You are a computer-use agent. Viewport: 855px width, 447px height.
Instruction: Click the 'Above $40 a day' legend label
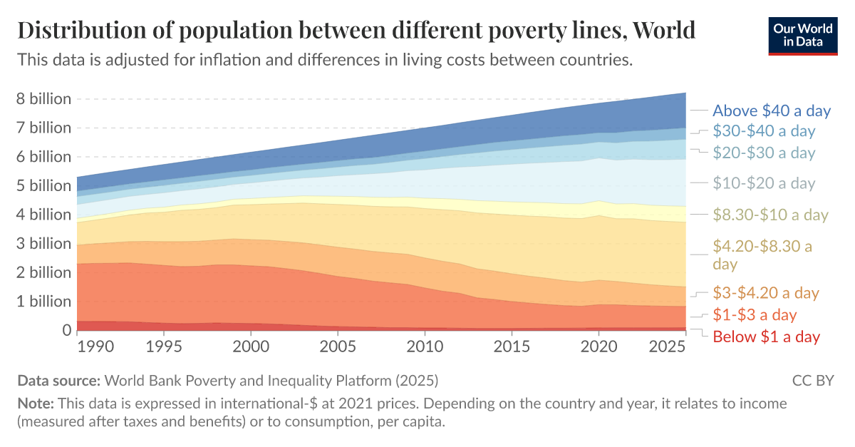(772, 111)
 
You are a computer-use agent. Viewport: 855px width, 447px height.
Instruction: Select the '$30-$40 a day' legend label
(764, 131)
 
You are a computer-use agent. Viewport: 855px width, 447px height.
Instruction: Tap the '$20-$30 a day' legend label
(764, 153)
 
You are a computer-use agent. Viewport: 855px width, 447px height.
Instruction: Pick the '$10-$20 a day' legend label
(764, 183)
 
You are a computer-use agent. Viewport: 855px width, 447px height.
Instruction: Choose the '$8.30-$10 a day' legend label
(770, 215)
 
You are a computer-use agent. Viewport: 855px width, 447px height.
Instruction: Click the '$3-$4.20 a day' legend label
(766, 292)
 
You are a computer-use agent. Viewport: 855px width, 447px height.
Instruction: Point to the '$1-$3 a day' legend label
(755, 314)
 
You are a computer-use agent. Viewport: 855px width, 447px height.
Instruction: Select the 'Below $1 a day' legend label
(766, 336)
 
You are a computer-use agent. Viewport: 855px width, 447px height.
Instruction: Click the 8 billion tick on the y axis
(43, 99)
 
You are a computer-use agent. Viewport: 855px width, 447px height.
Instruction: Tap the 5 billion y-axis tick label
(43, 186)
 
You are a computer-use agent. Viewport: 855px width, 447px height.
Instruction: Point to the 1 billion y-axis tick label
(43, 302)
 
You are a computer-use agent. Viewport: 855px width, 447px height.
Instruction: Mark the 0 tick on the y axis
(66, 330)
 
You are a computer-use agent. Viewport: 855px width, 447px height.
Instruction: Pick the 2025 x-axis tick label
(668, 346)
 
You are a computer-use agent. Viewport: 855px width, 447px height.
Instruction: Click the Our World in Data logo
(802, 36)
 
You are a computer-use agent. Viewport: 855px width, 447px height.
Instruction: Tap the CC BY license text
(812, 380)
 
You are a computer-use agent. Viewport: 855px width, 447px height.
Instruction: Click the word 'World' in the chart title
(663, 31)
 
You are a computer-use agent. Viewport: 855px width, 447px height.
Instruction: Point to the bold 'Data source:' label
(59, 380)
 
